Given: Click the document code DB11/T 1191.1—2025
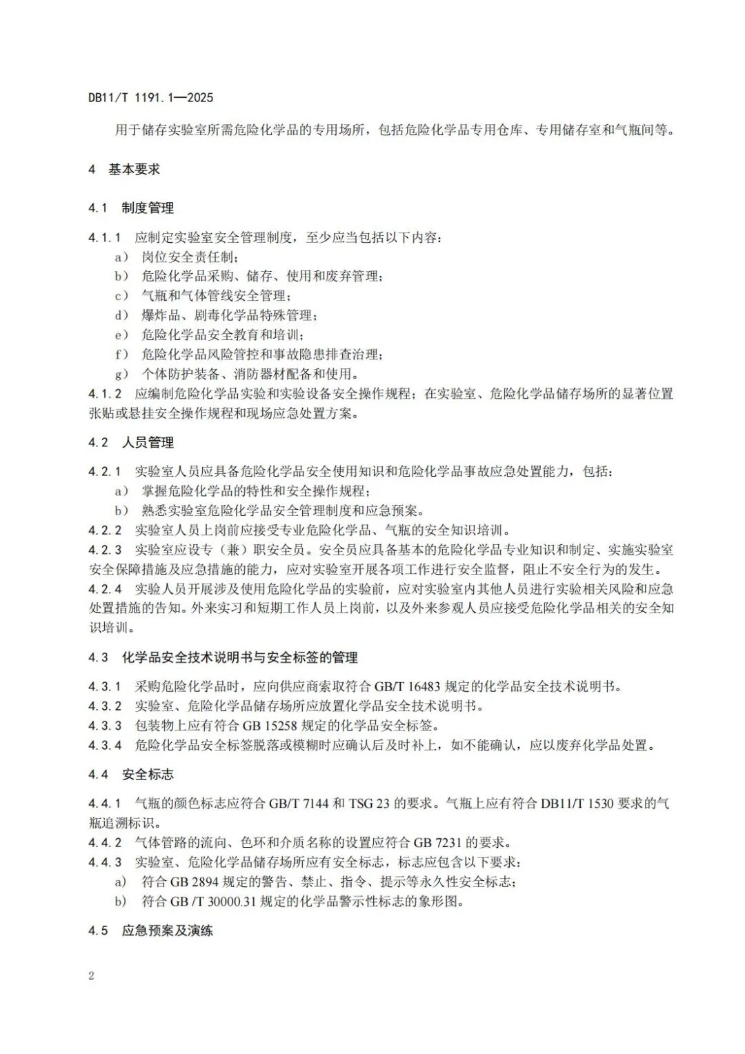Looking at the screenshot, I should click(x=150, y=97).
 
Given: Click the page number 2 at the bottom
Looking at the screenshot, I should click(x=91, y=975).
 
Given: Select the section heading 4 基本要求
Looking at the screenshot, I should click(x=124, y=169).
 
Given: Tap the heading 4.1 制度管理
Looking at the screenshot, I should click(x=131, y=208).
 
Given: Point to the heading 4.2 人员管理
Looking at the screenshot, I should click(x=131, y=442).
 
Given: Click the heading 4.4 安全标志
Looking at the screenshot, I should click(x=131, y=774).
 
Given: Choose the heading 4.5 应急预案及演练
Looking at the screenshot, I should click(x=150, y=931).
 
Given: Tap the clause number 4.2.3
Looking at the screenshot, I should click(x=105, y=550).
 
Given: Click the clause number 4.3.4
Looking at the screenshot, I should click(x=105, y=745).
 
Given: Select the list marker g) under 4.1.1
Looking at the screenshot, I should click(x=121, y=374).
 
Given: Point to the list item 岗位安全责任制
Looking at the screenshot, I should click(x=190, y=257).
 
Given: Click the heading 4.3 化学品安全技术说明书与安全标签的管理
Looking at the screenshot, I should click(x=223, y=657).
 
